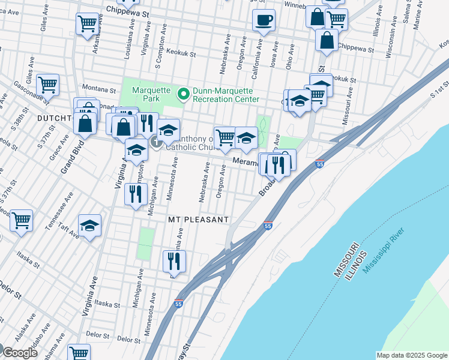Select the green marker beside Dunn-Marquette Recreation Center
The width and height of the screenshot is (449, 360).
point(183,92)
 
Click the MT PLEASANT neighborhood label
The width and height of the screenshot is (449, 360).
point(198,220)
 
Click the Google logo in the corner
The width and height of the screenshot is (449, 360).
point(20,352)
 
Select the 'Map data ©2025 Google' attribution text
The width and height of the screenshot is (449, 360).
point(411,355)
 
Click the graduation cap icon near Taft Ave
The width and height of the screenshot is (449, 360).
point(90,226)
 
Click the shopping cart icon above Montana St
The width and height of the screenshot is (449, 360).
point(47,85)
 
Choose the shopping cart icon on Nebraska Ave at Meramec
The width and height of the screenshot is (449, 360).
point(224,137)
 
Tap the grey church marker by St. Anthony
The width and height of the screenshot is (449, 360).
point(155,142)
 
